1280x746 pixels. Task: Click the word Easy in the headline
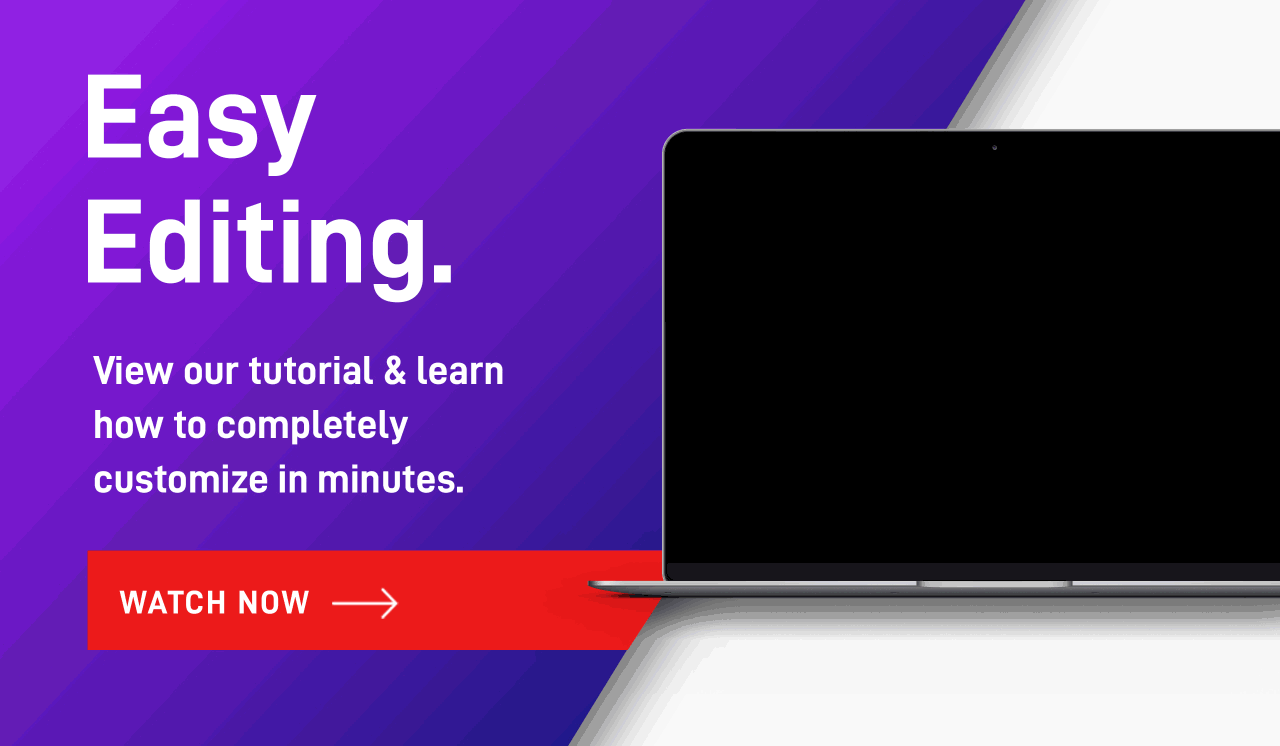point(200,123)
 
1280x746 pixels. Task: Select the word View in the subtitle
point(133,371)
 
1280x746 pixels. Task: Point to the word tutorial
point(311,370)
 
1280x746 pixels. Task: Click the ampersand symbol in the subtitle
point(395,371)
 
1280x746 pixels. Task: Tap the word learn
point(460,371)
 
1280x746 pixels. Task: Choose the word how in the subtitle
point(128,425)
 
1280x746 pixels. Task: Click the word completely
point(312,427)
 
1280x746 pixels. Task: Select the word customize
point(181,479)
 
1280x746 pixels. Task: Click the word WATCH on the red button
point(173,603)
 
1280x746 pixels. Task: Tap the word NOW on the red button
point(274,603)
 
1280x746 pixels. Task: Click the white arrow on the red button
point(365,603)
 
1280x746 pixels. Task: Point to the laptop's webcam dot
point(994,148)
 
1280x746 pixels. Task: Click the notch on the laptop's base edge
point(994,584)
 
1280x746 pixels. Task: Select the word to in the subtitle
point(190,426)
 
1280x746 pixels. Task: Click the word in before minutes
point(293,479)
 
